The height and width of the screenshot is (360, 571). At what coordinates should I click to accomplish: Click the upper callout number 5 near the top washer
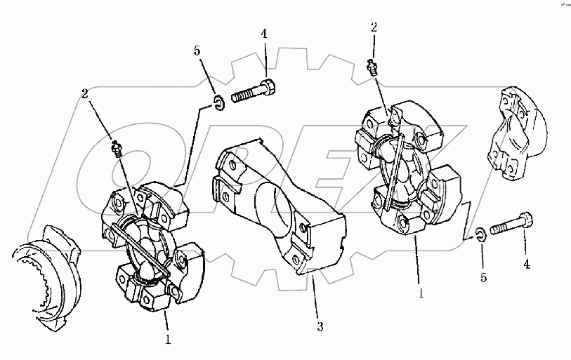(197, 51)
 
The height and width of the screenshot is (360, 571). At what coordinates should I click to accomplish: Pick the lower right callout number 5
(483, 278)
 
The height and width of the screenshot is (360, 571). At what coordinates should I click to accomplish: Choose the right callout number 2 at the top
(374, 27)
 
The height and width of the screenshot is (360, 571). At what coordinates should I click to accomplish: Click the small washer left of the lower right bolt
(480, 234)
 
